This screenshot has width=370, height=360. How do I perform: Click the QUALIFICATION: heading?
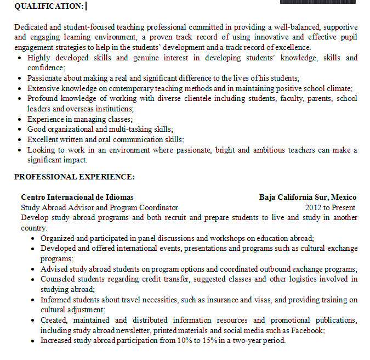[49, 6]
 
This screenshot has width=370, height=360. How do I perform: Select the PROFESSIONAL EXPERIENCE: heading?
[75, 177]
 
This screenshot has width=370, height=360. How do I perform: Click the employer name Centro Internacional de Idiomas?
[77, 197]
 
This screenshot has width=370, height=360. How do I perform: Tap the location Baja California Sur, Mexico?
[308, 197]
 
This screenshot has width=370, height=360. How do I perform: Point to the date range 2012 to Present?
[330, 207]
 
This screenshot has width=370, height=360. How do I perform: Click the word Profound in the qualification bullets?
[42, 98]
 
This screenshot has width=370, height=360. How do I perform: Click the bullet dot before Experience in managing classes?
[20, 119]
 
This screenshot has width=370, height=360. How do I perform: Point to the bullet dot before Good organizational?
[20, 130]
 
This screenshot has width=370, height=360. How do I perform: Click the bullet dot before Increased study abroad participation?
[33, 341]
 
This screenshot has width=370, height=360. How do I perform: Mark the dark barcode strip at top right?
[318, 2]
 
